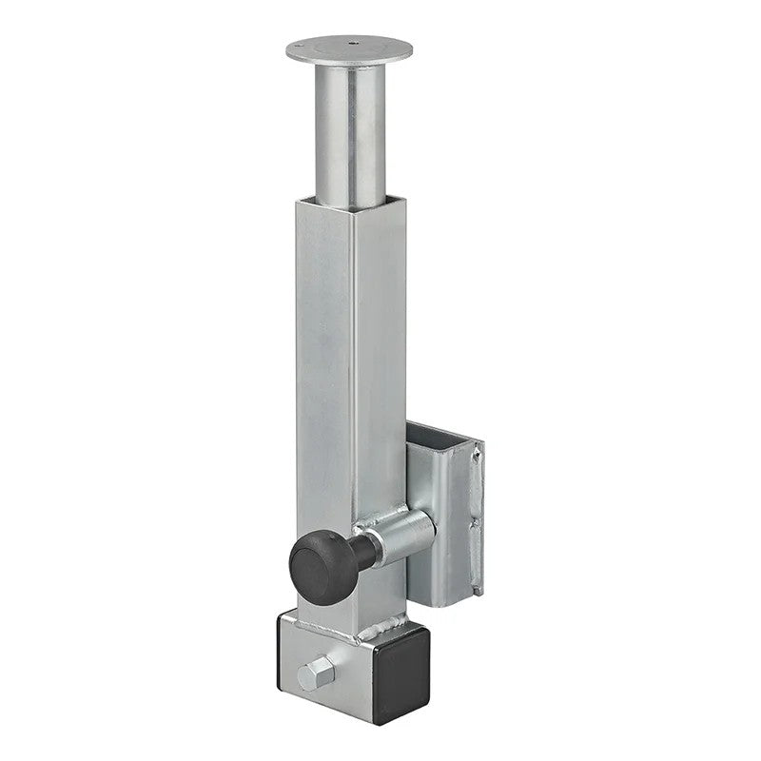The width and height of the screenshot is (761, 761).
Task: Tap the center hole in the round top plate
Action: (352, 43)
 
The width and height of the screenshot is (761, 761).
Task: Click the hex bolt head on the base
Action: (313, 675)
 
